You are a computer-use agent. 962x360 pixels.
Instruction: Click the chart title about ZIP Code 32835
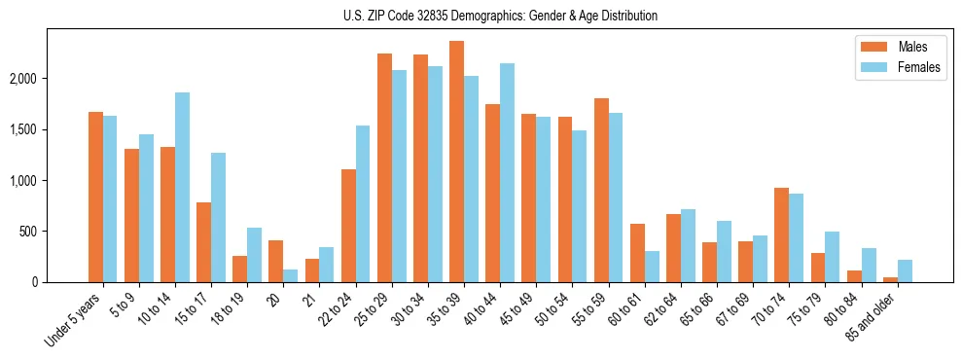coord(500,16)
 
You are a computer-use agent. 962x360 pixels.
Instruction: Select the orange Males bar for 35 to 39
coord(456,162)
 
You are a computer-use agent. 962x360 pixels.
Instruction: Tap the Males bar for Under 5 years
coord(95,198)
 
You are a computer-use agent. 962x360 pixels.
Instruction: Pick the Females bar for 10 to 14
coord(182,188)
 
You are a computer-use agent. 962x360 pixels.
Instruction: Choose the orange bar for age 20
coord(276,261)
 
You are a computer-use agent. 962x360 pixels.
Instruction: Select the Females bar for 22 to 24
coord(363,204)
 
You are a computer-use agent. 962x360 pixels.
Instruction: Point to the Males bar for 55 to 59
coord(601,191)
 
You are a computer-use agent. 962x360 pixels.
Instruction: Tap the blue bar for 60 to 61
coord(652,267)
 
